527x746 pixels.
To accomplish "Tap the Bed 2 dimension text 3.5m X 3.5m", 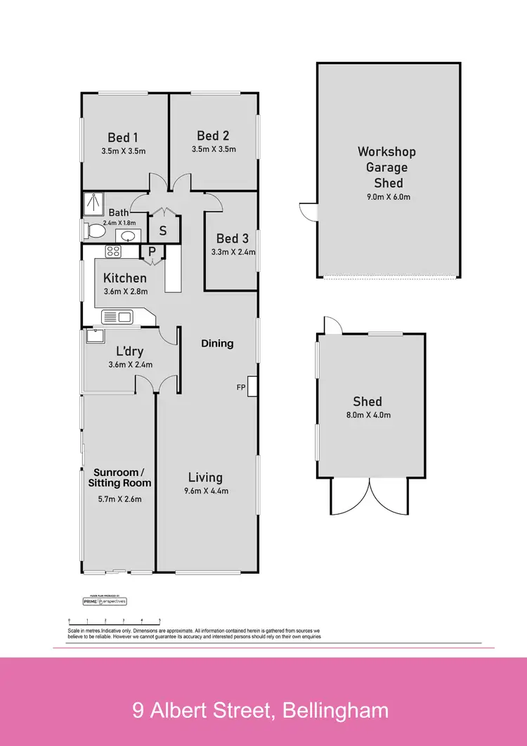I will [x=214, y=149].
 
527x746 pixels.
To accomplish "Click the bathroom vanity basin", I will [x=128, y=235].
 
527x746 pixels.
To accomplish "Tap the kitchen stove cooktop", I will [x=114, y=251].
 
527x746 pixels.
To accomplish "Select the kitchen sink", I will [x=117, y=317].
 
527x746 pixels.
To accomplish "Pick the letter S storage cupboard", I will [x=162, y=231].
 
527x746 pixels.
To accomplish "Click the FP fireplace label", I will [x=241, y=387].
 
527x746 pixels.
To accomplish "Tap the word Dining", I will [x=217, y=343].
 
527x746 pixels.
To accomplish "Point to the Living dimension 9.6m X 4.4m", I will [x=205, y=491].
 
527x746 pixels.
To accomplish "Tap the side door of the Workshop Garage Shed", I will [x=307, y=210].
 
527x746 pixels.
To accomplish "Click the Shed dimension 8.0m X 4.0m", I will [x=367, y=415].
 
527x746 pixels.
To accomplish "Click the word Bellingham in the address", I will [x=335, y=710].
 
